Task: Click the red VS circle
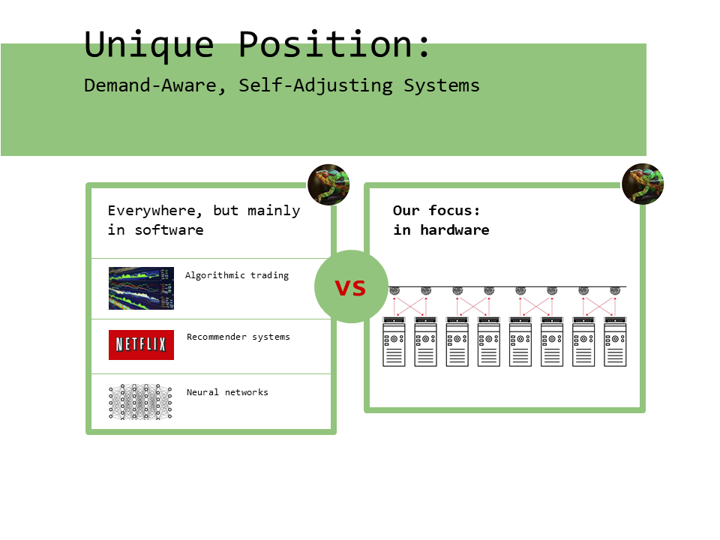pyautogui.click(x=350, y=287)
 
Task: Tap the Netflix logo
pyautogui.click(x=141, y=345)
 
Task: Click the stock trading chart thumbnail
pyautogui.click(x=141, y=288)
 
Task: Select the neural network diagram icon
pyautogui.click(x=140, y=401)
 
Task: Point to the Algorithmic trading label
pyautogui.click(x=237, y=275)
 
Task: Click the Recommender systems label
pyautogui.click(x=238, y=337)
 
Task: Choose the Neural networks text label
pyautogui.click(x=227, y=392)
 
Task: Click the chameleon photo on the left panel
pyautogui.click(x=328, y=184)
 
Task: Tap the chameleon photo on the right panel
pyautogui.click(x=643, y=184)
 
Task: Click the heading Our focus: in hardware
pyautogui.click(x=441, y=220)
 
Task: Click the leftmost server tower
pyautogui.click(x=394, y=342)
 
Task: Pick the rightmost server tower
pyautogui.click(x=615, y=342)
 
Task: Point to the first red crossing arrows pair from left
pyautogui.click(x=409, y=305)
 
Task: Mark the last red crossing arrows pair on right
pyautogui.click(x=599, y=305)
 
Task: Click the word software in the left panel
pyautogui.click(x=169, y=230)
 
